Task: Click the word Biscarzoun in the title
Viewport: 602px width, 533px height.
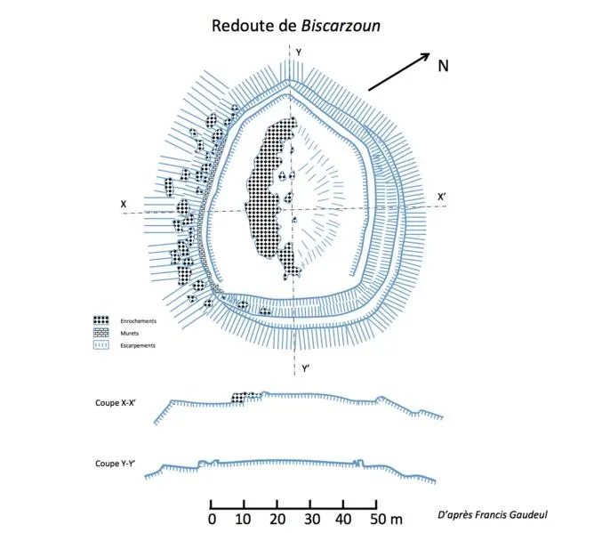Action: point(341,26)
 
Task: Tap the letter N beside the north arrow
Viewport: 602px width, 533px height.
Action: point(443,66)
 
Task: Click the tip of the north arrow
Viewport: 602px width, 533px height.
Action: point(429,53)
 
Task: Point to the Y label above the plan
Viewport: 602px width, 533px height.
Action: point(299,53)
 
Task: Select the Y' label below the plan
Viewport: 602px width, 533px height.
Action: point(305,369)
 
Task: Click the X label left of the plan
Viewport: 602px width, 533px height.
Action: point(124,204)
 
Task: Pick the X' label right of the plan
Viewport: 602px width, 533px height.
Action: point(442,198)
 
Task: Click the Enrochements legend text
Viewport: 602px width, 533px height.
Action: point(138,321)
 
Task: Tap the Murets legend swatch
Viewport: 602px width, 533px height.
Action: point(101,333)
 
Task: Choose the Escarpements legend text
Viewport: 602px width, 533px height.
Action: point(138,345)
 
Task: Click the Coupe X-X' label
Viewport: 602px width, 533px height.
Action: point(116,403)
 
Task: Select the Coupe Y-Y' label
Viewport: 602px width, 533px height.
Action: point(116,464)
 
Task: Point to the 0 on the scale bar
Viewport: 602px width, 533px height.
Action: point(212,519)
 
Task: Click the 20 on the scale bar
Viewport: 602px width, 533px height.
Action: point(277,519)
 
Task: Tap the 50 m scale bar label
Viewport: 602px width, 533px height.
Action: point(386,519)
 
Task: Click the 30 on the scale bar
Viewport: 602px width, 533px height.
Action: point(312,519)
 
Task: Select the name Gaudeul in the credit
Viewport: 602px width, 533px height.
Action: point(529,514)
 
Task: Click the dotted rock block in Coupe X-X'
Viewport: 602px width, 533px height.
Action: point(239,398)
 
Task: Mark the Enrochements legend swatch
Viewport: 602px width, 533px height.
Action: point(101,320)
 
